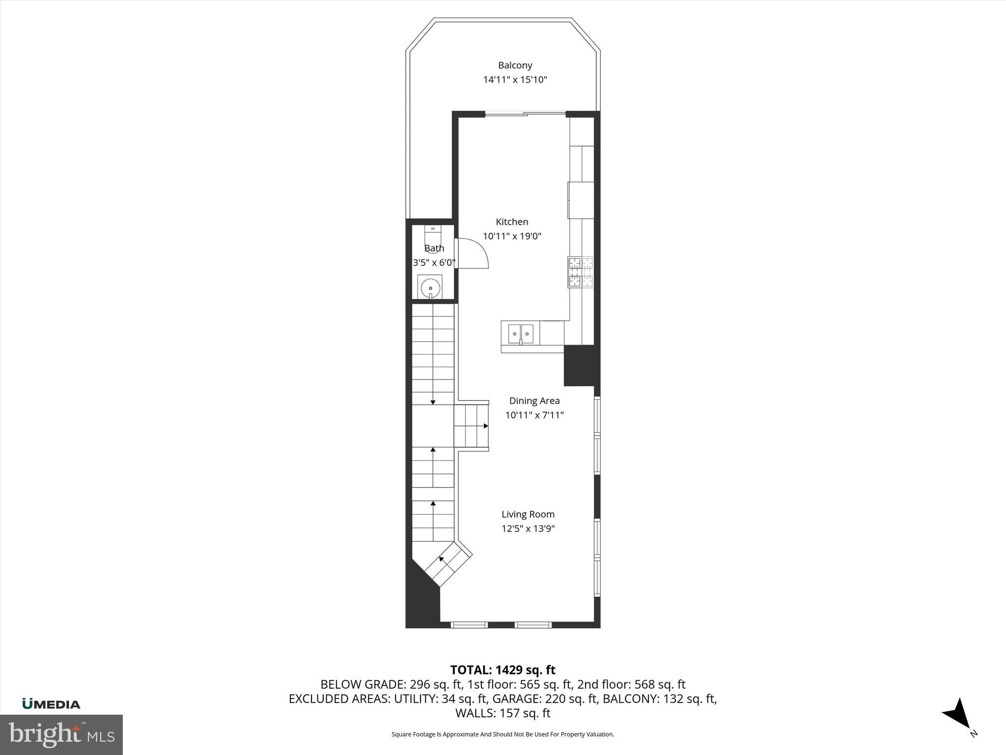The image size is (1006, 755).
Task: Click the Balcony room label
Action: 515,65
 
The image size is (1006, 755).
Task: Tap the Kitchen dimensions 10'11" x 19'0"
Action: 512,236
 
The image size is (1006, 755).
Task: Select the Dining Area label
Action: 534,401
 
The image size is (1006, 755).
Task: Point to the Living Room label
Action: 528,515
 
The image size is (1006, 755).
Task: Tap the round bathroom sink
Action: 430,287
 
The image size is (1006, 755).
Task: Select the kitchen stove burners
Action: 581,272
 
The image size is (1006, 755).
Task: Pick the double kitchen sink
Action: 520,334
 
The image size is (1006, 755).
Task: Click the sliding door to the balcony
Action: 525,114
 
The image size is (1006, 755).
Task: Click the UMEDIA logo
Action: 51,704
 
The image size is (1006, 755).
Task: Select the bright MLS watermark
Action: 61,734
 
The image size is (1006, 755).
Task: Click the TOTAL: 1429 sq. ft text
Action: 503,670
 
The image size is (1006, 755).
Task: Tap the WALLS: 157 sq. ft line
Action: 503,713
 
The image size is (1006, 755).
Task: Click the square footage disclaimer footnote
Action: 503,734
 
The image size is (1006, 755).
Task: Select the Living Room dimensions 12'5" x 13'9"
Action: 528,529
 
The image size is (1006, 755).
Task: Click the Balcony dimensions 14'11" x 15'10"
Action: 515,80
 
